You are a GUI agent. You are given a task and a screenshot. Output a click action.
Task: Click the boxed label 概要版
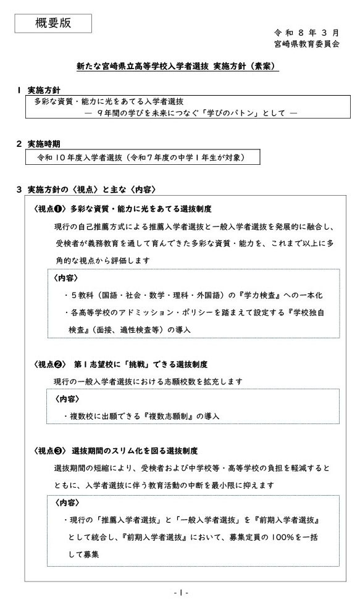click(53, 23)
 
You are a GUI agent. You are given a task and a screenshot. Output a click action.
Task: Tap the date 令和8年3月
click(306, 31)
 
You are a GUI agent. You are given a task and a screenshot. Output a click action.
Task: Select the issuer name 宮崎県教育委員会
click(306, 44)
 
